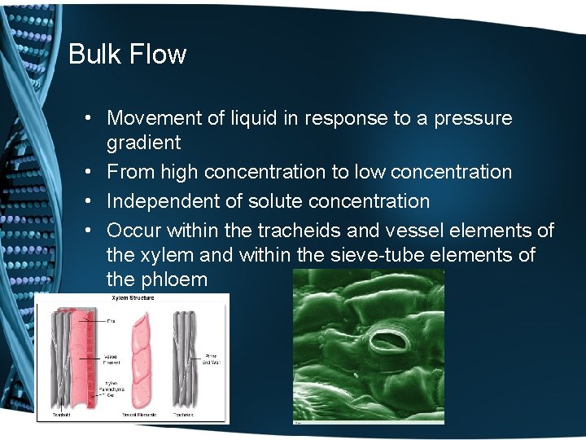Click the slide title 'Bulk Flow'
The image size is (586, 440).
[128, 55]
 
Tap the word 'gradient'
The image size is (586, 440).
[143, 143]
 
